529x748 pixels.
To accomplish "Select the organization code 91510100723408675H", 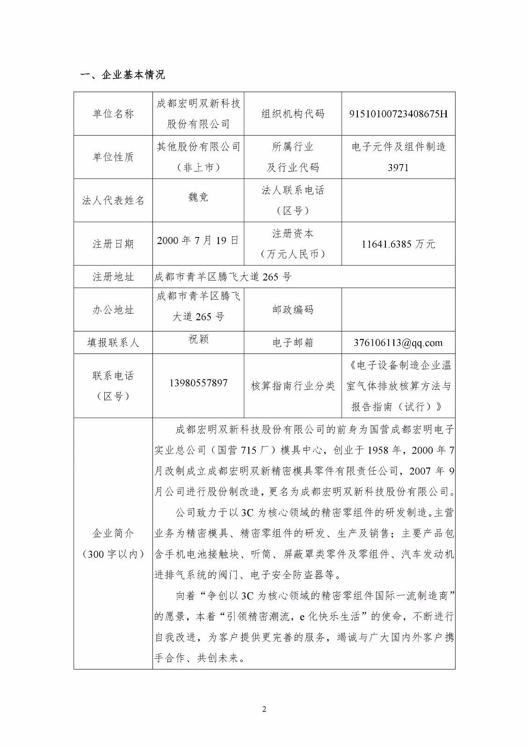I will [398, 114].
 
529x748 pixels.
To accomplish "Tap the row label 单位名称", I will [113, 114].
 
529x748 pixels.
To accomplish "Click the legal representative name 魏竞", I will [198, 197].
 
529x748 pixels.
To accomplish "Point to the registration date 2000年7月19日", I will [198, 241].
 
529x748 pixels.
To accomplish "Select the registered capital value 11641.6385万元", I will [398, 244].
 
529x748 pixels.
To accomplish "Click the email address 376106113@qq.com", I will [398, 343].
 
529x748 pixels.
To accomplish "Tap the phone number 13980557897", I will [198, 383].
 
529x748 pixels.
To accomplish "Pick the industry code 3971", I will [398, 167].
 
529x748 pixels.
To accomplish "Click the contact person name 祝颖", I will [198, 339].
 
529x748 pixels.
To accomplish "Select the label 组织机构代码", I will [293, 114].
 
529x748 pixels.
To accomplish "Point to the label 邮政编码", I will [293, 310].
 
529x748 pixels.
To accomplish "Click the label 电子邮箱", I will [293, 343].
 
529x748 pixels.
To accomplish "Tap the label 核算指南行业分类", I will [293, 386].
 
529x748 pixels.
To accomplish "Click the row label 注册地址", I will [113, 277].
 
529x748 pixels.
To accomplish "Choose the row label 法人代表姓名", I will [113, 201].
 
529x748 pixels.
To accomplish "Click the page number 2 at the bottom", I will [264, 709].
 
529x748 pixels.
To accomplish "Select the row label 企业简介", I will [113, 533].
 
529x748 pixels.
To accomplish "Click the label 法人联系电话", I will [293, 190].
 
